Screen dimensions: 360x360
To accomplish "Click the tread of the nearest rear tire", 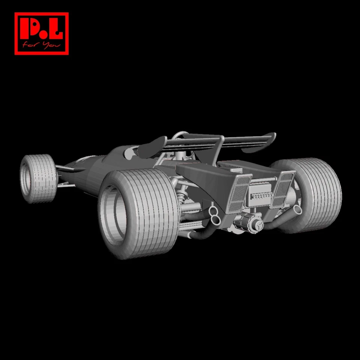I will coord(157,210).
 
